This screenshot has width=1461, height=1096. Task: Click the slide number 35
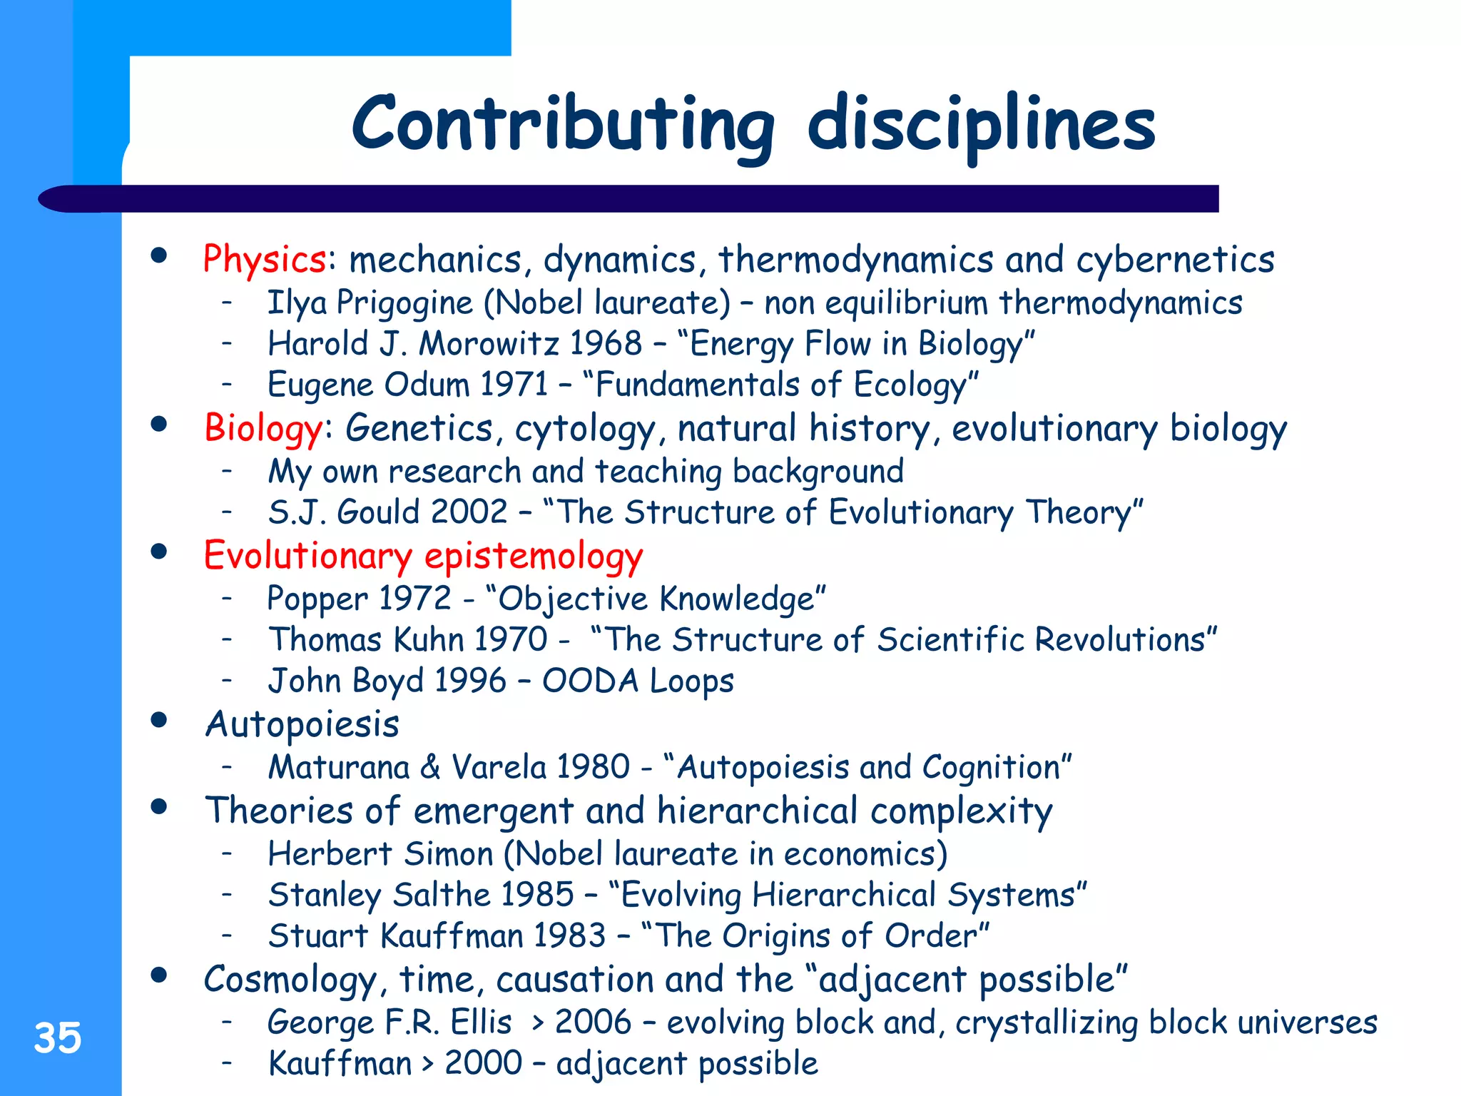tap(58, 1038)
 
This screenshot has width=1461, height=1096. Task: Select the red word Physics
tap(265, 259)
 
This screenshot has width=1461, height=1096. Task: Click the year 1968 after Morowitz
tap(606, 344)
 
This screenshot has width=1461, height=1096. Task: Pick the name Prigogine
tap(404, 303)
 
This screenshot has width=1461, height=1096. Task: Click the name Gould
tap(378, 512)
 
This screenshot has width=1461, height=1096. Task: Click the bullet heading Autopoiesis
tap(302, 725)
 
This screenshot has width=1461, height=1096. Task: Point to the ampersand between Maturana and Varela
tap(430, 768)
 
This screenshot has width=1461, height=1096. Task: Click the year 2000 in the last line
tap(483, 1063)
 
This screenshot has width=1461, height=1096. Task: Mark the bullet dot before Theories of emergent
tap(159, 807)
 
